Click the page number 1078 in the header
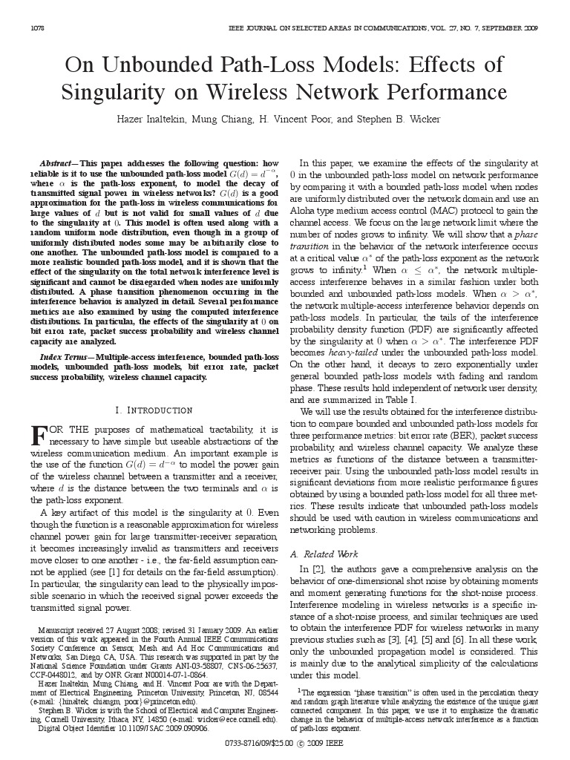36,28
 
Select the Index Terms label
62,357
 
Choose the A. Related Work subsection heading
324,554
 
